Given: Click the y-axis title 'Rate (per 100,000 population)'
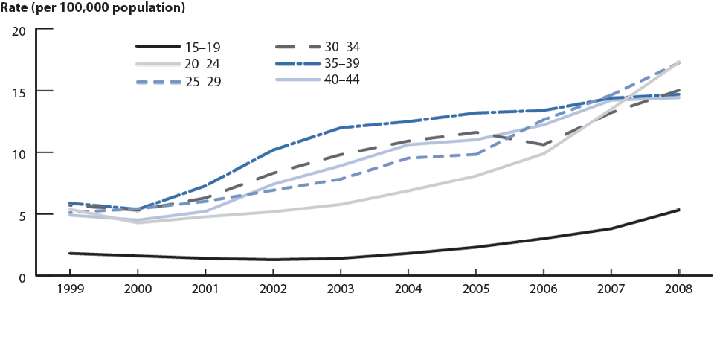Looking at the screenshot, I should click(93, 9).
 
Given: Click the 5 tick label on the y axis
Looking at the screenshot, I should click(22, 216).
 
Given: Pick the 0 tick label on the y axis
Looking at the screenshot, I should click(22, 277).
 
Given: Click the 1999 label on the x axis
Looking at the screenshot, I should click(69, 289).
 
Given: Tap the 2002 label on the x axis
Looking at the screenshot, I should click(273, 289).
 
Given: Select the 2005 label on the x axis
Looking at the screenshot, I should click(476, 289).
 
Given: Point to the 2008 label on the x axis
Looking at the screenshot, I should click(679, 289).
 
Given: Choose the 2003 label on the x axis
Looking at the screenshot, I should click(341, 289).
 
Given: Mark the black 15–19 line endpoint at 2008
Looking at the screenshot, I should click(679, 210).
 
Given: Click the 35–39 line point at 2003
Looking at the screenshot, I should click(341, 128).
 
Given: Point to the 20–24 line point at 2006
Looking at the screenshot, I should click(544, 153).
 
